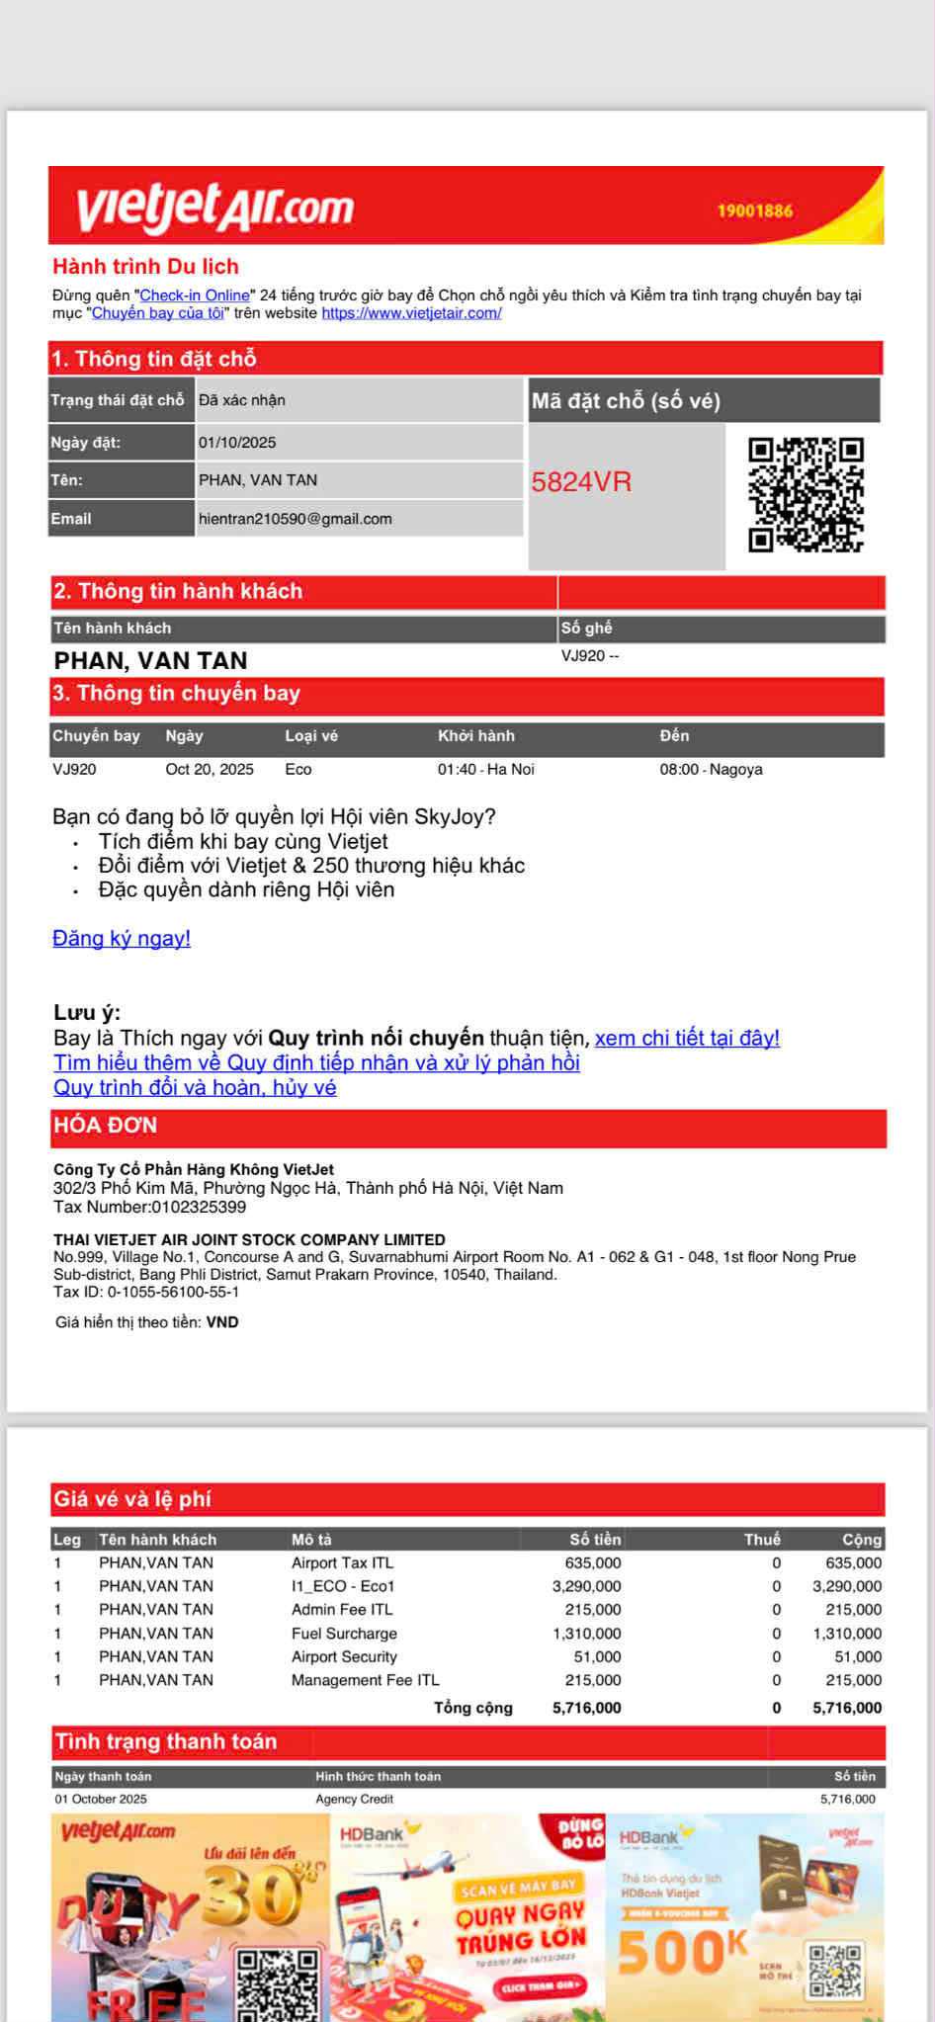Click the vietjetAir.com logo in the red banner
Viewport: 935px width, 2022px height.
(x=214, y=206)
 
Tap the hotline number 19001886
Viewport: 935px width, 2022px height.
(x=754, y=211)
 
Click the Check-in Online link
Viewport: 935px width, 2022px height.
(x=195, y=295)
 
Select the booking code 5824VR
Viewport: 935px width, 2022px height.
(x=581, y=482)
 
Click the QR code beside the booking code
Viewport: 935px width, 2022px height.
(x=806, y=494)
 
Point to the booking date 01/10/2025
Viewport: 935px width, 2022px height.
(x=237, y=443)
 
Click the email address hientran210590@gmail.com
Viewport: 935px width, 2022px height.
(x=295, y=519)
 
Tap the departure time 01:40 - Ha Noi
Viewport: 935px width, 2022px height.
(x=485, y=770)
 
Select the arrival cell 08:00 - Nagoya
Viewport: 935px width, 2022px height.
(x=711, y=770)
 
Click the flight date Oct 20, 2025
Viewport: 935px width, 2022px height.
(x=210, y=770)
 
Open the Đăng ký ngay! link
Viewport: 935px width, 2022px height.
(x=122, y=939)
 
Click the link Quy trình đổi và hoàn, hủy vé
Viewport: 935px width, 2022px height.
(x=195, y=1088)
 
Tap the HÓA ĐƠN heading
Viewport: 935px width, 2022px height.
(x=105, y=1126)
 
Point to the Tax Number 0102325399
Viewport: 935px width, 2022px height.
(x=150, y=1207)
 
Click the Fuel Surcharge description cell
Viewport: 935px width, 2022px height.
(x=344, y=1634)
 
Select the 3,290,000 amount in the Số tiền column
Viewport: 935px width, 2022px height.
(x=586, y=1586)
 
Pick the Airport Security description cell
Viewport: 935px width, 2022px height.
(x=344, y=1657)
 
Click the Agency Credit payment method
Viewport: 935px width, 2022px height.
(x=354, y=1799)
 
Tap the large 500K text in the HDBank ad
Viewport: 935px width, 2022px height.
(x=682, y=1952)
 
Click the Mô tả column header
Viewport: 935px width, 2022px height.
(x=311, y=1539)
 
